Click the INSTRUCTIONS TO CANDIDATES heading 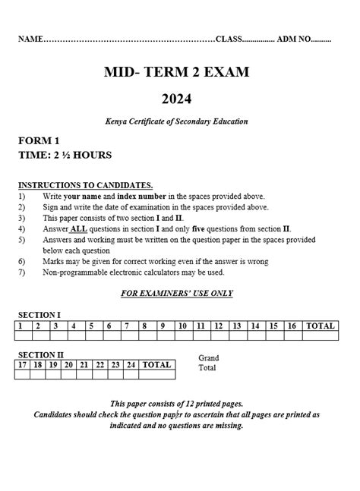[x=85, y=184]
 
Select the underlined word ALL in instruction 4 [x=78, y=228]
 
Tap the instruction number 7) [x=22, y=272]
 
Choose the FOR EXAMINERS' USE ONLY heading [x=176, y=293]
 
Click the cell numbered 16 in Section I [x=292, y=326]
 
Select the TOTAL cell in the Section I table [x=320, y=326]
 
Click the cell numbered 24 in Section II [x=132, y=365]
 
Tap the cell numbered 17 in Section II [x=22, y=365]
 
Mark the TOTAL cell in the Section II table [x=156, y=365]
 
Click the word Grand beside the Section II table [x=208, y=358]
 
